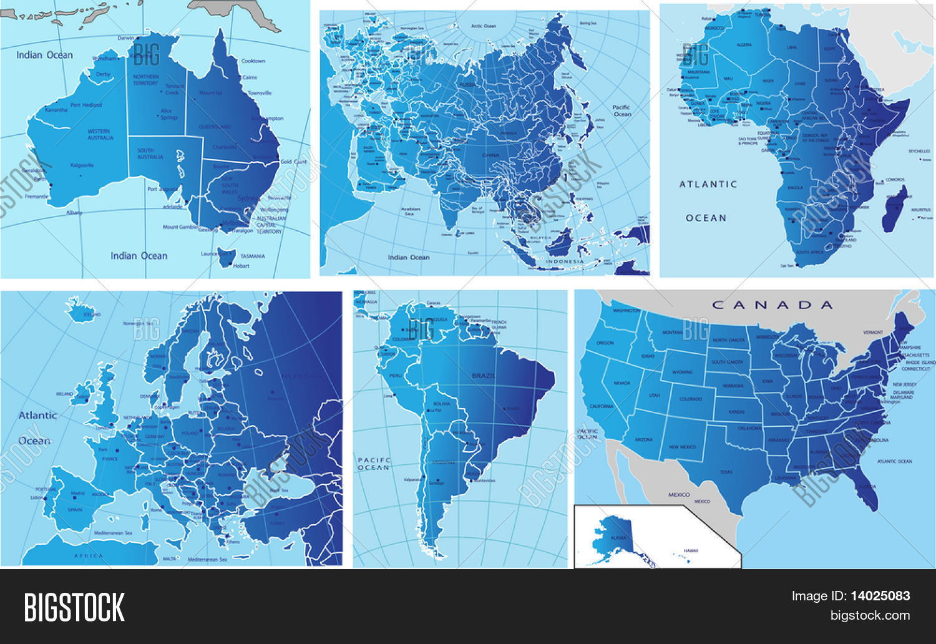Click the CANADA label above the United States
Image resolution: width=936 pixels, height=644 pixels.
click(x=773, y=305)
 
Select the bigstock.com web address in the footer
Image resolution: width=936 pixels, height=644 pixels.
click(x=870, y=616)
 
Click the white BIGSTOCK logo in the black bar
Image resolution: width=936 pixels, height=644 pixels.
click(x=74, y=607)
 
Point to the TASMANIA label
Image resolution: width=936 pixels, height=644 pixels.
click(x=253, y=256)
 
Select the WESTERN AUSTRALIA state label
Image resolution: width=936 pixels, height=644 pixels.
click(x=99, y=134)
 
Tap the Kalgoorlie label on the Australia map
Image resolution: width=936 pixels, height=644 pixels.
click(x=82, y=165)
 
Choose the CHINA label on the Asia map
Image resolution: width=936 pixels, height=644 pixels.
click(x=491, y=155)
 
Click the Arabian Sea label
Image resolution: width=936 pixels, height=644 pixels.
click(x=409, y=212)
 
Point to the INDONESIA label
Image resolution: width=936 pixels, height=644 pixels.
click(x=565, y=261)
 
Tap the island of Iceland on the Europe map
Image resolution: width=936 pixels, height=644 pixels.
click(x=79, y=310)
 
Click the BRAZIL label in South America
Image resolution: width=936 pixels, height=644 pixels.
click(x=484, y=376)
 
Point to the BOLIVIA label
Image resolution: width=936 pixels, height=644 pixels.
click(x=441, y=404)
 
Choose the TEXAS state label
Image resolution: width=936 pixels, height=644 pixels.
click(x=726, y=472)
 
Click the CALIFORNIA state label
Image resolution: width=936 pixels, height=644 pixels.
click(x=602, y=406)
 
